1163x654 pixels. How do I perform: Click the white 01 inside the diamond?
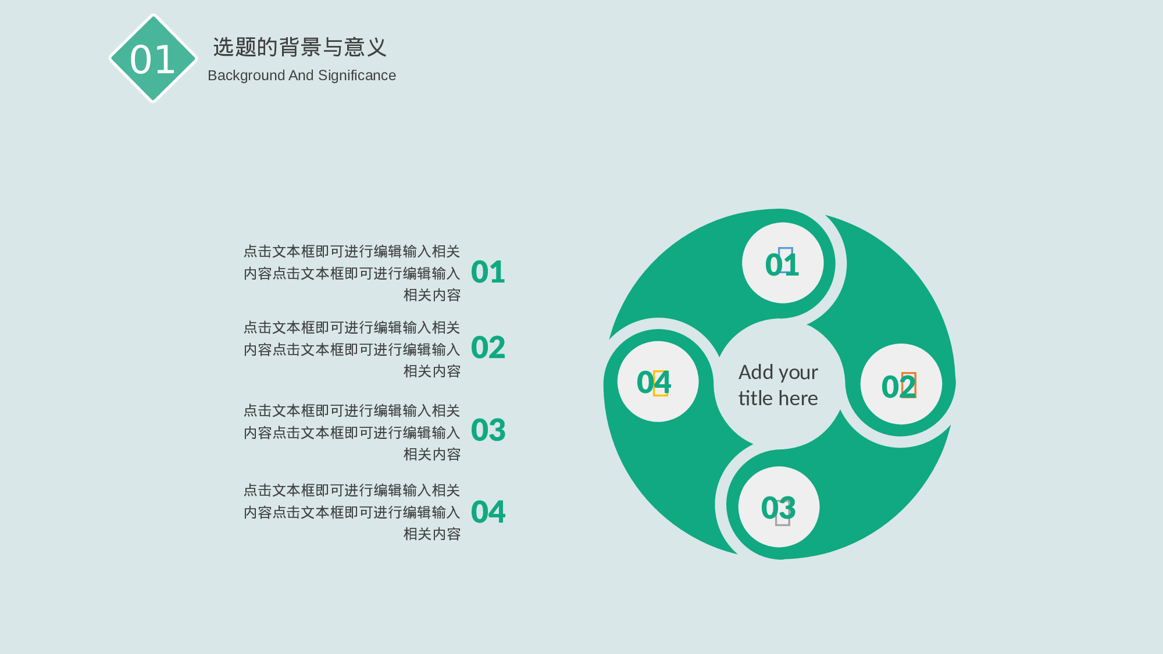click(x=152, y=59)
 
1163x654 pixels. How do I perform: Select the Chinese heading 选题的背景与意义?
click(x=299, y=47)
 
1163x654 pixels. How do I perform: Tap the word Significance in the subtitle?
click(x=357, y=76)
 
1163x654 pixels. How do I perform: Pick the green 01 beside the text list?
click(x=488, y=272)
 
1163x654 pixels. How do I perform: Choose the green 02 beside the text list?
click(x=488, y=348)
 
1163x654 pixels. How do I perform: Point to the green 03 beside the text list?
click(x=488, y=430)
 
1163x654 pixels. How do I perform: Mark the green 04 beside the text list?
click(x=488, y=512)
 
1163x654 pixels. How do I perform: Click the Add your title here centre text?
click(x=778, y=385)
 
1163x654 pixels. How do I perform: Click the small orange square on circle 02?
click(x=908, y=385)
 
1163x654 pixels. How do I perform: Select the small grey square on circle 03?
click(x=783, y=516)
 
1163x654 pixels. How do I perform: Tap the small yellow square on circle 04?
click(x=660, y=383)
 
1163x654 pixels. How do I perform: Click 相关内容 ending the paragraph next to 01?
click(x=432, y=295)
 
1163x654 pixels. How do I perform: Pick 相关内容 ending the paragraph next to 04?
click(x=432, y=534)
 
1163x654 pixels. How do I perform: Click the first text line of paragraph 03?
click(x=351, y=411)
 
